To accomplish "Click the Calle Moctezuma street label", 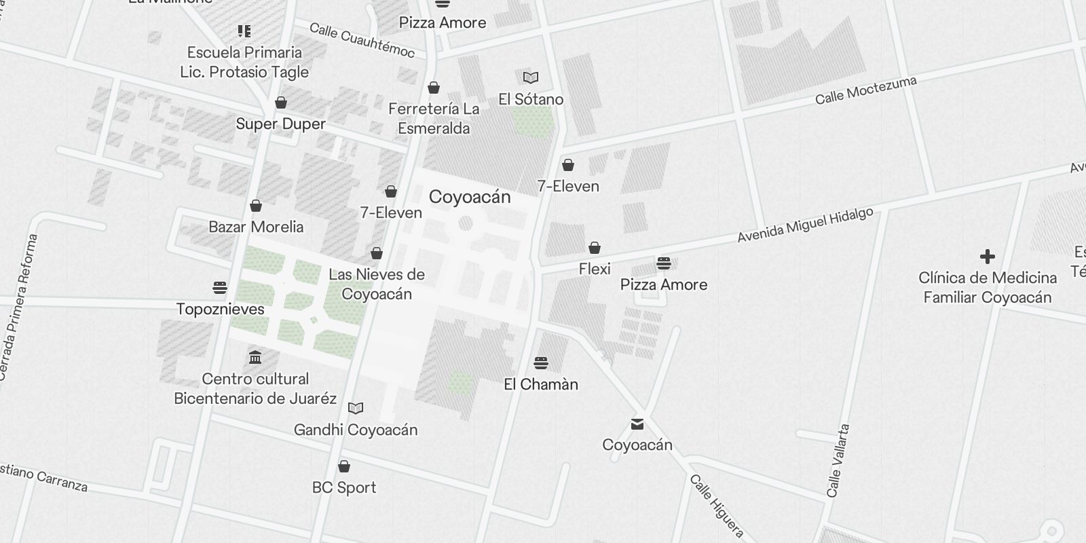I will click(x=865, y=90).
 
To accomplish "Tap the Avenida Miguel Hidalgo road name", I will click(x=805, y=225).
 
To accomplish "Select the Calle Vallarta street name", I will click(x=838, y=461).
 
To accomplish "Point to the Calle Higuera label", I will click(x=717, y=506).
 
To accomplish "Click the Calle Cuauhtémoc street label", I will click(x=362, y=40).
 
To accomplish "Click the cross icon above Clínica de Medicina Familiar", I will click(x=988, y=257).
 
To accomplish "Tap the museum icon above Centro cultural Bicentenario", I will click(x=255, y=357).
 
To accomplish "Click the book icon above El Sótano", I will click(x=531, y=78).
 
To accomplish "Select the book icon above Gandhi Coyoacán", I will click(x=356, y=408).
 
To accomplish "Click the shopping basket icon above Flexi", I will click(x=595, y=247).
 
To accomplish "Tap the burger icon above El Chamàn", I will click(x=541, y=363).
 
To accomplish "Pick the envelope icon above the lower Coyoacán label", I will click(x=637, y=424).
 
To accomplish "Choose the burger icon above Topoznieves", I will click(x=220, y=288).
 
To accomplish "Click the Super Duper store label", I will click(x=281, y=124).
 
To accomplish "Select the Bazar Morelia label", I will click(x=256, y=227).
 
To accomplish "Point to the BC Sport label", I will click(x=344, y=487).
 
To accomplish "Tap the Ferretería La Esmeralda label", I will click(x=434, y=119).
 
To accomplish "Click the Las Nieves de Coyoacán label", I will click(x=377, y=284).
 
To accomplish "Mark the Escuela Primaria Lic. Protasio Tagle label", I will click(x=244, y=62).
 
